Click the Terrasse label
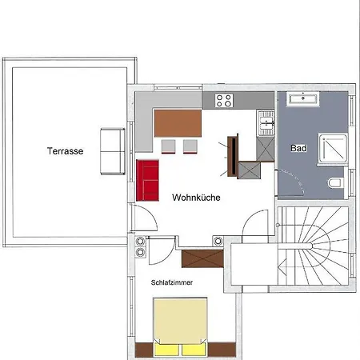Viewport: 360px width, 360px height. [66, 151]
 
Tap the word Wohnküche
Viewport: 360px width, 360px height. [196, 198]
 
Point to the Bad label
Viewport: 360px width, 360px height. [298, 148]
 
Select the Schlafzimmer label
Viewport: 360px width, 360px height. [172, 282]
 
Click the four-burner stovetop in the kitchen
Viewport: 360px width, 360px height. [224, 100]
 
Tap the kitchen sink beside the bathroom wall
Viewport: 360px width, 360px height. [266, 123]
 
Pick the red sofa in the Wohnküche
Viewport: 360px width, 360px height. [147, 180]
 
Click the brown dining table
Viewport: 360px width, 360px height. [178, 123]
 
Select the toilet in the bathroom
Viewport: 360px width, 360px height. [335, 183]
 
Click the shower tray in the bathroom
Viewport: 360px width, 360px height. [334, 148]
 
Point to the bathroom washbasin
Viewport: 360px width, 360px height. [303, 98]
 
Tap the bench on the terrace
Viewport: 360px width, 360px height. [113, 151]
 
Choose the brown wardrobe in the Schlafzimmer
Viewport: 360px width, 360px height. [202, 258]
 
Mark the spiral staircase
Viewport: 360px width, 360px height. [313, 246]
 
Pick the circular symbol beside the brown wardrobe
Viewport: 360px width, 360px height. [218, 241]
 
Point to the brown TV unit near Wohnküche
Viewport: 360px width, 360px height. [233, 156]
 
